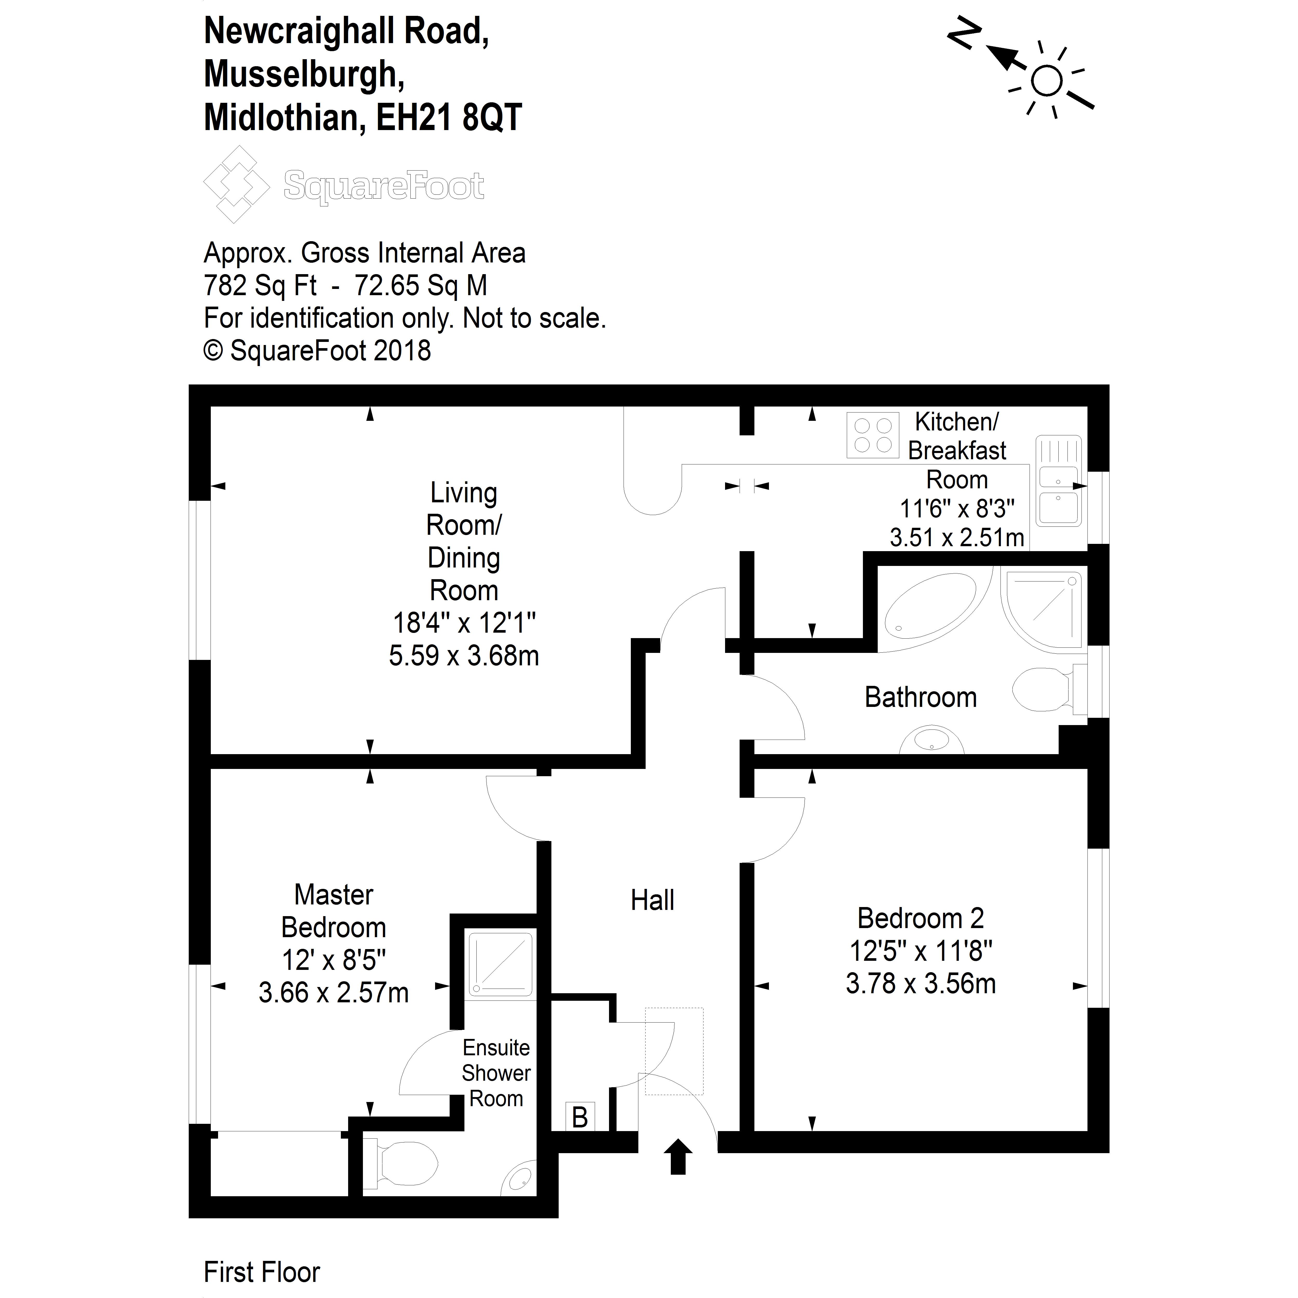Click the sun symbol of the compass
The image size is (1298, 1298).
(x=1046, y=81)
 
